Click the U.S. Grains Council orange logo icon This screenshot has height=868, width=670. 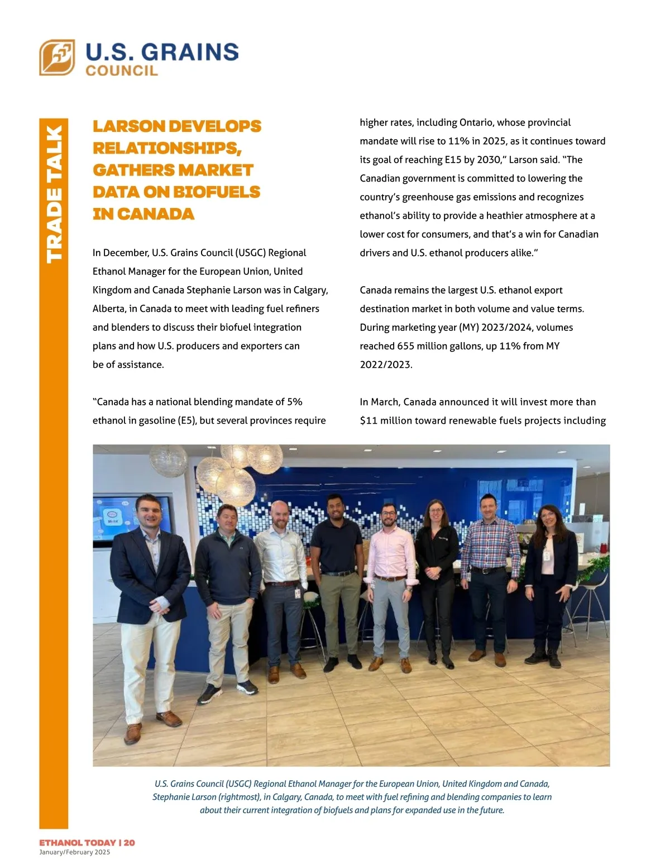57,57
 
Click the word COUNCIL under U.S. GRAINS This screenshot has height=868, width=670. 122,70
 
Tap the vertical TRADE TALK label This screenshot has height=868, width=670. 54,194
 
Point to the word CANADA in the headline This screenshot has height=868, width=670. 156,214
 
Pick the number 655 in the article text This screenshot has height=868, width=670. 406,346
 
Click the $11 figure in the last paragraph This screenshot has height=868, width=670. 368,420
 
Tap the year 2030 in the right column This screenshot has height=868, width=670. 489,160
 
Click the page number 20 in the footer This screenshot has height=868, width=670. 129,842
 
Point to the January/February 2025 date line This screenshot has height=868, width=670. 75,852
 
